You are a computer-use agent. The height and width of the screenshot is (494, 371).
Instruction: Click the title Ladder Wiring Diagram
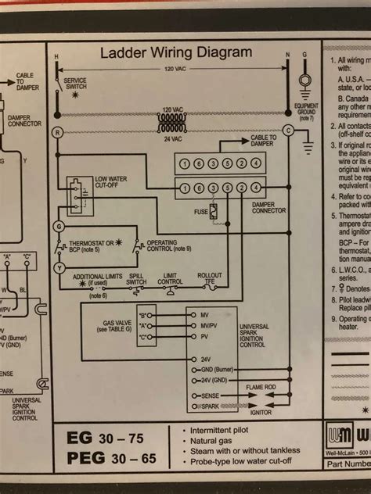click(x=176, y=53)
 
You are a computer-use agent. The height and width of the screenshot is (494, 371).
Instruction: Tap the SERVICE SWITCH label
click(x=75, y=84)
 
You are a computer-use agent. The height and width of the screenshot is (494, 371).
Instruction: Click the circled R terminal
click(x=56, y=133)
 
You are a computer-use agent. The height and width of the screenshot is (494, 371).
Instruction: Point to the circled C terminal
click(x=288, y=131)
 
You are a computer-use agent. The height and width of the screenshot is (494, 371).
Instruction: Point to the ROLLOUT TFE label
click(x=210, y=278)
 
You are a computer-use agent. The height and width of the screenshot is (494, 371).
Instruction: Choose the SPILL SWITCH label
click(x=137, y=278)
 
